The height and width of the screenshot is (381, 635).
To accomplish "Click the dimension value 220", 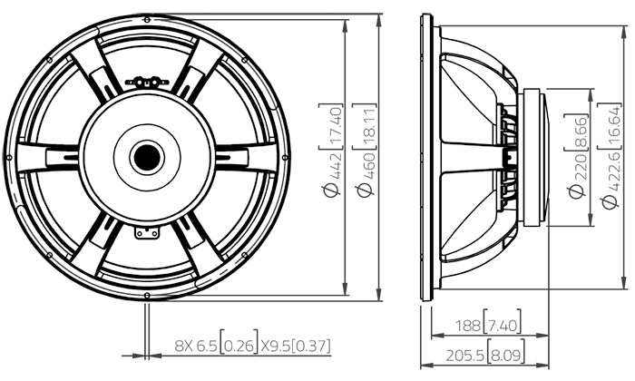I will coord(573,168).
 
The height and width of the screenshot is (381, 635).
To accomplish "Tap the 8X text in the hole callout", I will coord(185,346).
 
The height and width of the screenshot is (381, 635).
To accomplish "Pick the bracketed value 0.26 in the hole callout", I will coord(239,346).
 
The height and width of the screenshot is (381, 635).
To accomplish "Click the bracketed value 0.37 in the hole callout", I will coord(314,346).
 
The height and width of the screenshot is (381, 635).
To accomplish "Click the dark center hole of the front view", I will coord(146,156).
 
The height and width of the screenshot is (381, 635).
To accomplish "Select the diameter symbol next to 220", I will coord(573,191).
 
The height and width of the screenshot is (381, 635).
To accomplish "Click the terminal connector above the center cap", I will coord(147,82).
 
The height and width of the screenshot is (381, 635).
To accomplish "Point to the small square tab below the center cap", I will coord(146,232).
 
